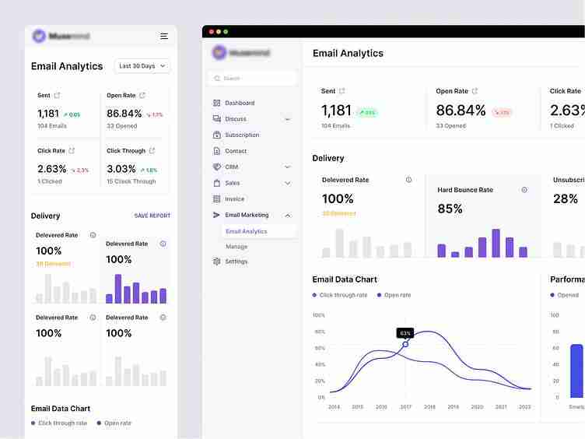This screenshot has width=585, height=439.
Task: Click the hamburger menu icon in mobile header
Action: [x=163, y=36]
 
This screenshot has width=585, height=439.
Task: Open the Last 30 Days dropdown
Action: [x=142, y=66]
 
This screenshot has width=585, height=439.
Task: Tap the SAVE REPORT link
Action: [x=152, y=216]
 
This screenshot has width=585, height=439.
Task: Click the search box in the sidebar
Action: [x=252, y=79]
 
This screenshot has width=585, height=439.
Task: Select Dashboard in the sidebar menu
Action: [x=239, y=103]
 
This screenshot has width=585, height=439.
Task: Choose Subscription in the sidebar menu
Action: [x=241, y=135]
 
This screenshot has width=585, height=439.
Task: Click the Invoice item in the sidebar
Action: [x=234, y=199]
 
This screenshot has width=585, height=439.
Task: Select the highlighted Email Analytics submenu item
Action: [x=246, y=231]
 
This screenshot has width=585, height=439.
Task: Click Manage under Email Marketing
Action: [x=236, y=246]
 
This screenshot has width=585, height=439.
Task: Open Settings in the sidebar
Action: [x=236, y=262]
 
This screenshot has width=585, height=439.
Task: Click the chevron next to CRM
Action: [x=287, y=167]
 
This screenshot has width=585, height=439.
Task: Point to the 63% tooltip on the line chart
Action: [x=405, y=332]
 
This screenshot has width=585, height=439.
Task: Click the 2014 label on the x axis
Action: [x=334, y=407]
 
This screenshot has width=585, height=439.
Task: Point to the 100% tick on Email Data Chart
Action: [x=318, y=315]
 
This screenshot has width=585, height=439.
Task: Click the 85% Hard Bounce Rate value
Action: [x=450, y=209]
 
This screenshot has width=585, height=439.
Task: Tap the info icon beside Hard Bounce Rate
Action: [x=524, y=190]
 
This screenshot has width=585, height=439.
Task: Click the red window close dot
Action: [x=211, y=32]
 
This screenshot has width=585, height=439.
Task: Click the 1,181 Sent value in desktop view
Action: [x=336, y=111]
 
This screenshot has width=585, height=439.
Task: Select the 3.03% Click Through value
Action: [x=121, y=169]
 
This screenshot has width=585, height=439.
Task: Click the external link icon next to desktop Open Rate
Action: [x=475, y=91]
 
